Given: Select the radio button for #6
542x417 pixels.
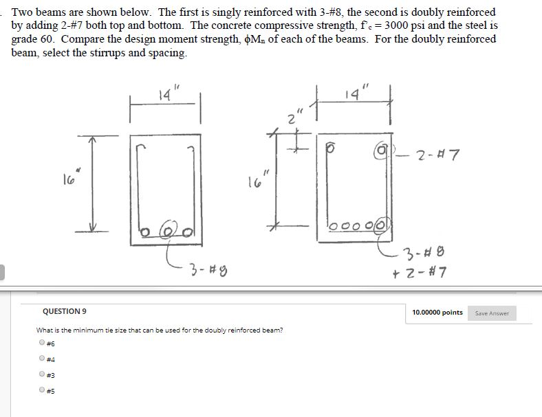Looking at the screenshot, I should click(42, 342).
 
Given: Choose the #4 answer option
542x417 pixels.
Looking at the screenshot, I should click(42, 358).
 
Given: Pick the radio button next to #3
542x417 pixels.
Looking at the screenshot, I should click(42, 374).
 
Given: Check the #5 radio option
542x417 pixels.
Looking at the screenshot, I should click(42, 390).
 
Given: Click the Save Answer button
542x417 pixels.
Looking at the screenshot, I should click(492, 313).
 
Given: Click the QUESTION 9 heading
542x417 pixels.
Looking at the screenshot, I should click(64, 311).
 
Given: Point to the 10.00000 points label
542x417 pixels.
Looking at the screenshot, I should click(437, 313).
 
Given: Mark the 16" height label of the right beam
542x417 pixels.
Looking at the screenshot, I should click(256, 182).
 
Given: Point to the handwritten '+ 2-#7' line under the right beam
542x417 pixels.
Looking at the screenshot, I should click(426, 273).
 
